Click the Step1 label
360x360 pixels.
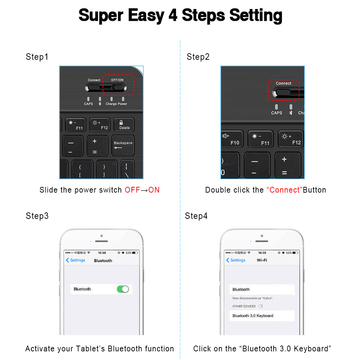tap(37, 57)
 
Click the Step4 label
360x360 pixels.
tap(196, 216)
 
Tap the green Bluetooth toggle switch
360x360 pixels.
tap(123, 289)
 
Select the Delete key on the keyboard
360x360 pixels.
tap(124, 125)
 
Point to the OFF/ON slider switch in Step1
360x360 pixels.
tap(118, 87)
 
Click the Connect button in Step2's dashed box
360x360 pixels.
tap(283, 92)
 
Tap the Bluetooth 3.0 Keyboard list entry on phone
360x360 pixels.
tap(253, 316)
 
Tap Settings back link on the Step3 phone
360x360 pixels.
tap(76, 260)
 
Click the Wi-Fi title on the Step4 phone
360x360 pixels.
tap(262, 260)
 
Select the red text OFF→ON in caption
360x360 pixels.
tap(142, 190)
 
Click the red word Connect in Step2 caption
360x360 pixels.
tap(284, 190)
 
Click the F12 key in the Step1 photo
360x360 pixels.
tap(100, 125)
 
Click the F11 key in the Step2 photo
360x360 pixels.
tap(260, 139)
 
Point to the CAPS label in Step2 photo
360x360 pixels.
tap(276, 113)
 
